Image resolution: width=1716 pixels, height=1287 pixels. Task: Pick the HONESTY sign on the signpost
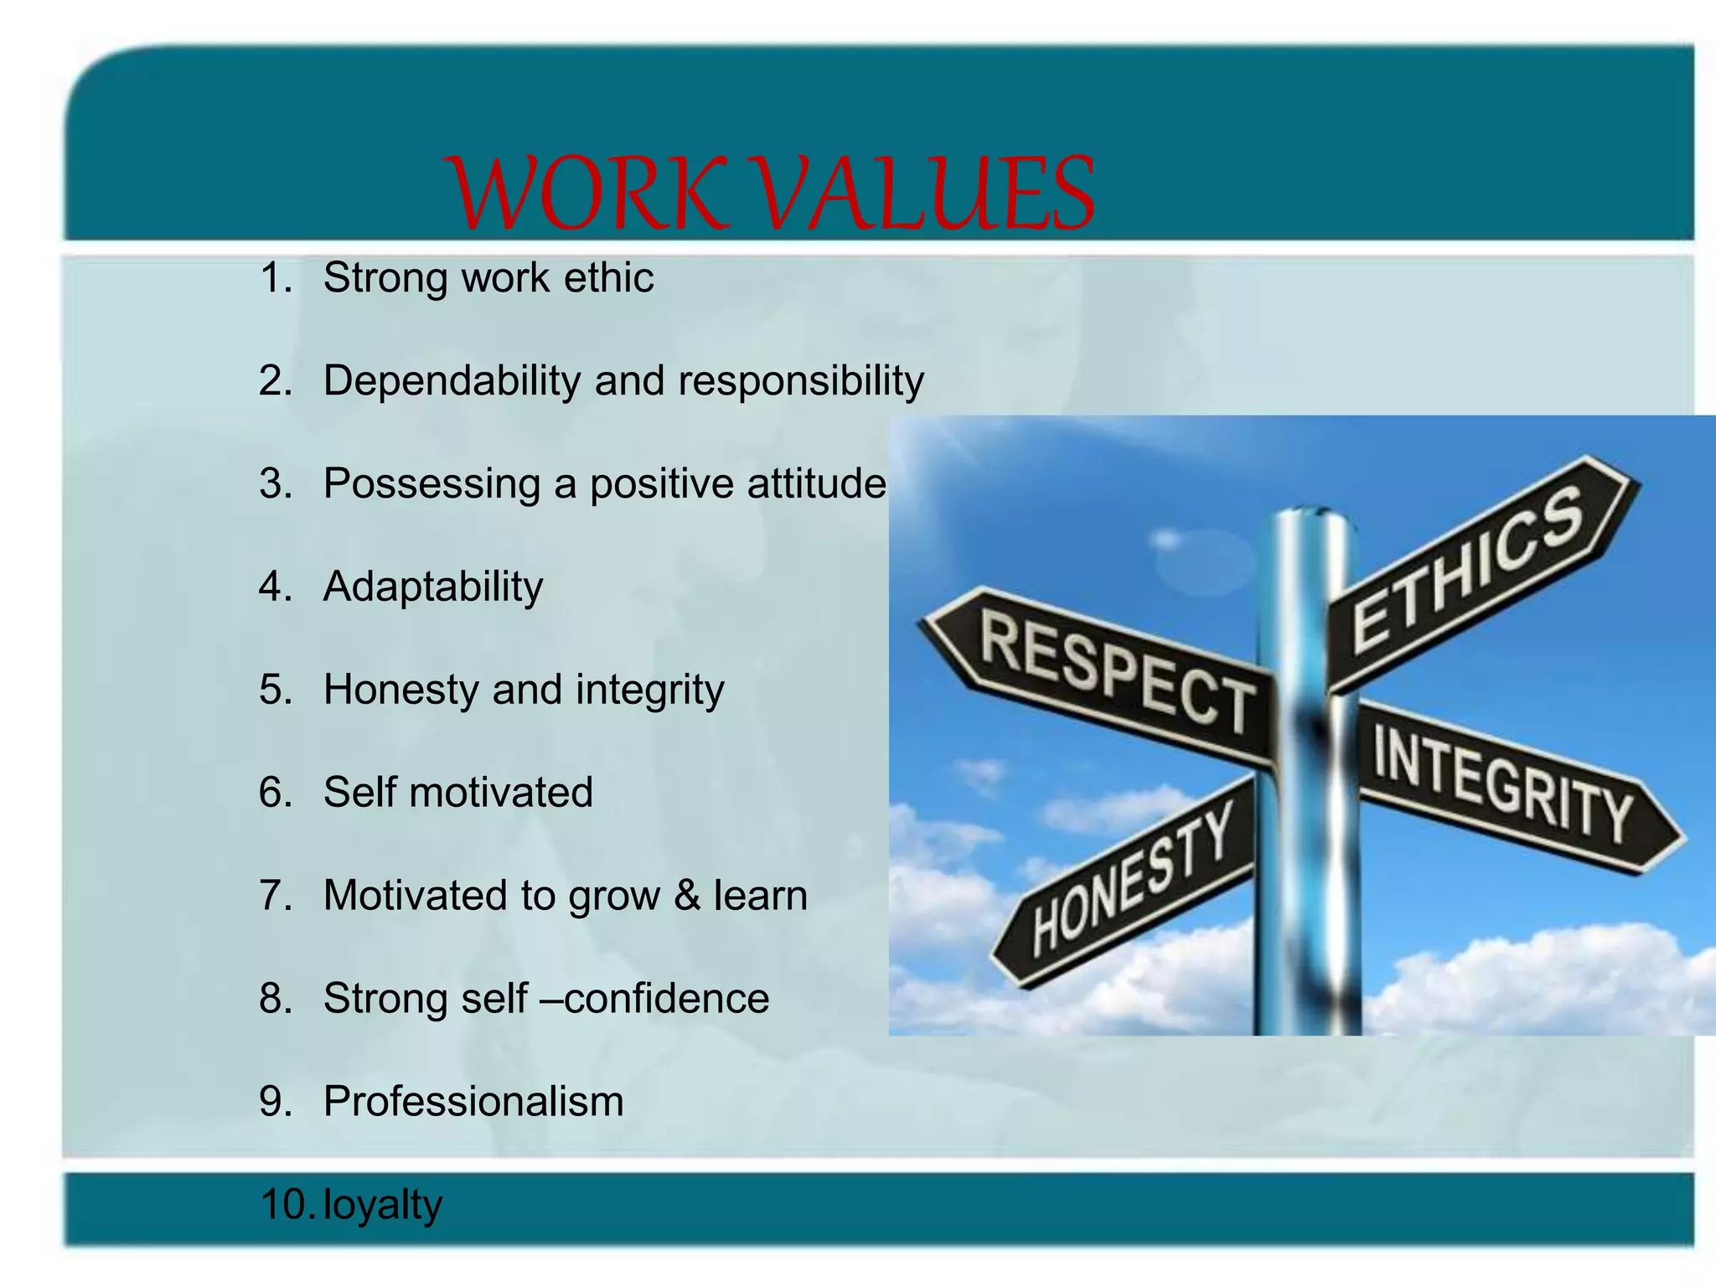[x=1131, y=880]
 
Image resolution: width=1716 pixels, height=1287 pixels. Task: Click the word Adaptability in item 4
[x=433, y=587]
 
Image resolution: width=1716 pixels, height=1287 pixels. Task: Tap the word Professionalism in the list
[x=473, y=1102]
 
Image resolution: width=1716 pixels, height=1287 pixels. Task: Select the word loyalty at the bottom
[x=382, y=1205]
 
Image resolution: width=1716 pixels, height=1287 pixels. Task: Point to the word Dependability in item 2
[x=452, y=381]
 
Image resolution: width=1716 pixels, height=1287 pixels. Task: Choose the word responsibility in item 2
[x=801, y=381]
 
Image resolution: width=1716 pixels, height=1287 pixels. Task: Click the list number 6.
[x=275, y=793]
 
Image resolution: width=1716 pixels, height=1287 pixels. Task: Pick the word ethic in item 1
[x=608, y=278]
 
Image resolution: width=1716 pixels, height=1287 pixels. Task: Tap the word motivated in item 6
[x=501, y=793]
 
